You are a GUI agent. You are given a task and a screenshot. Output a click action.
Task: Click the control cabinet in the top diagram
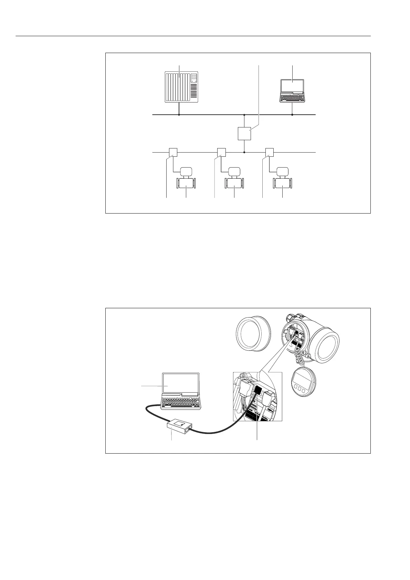[181, 87]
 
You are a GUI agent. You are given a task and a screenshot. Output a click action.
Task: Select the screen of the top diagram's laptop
[292, 86]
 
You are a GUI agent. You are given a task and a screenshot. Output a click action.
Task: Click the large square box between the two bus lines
[244, 133]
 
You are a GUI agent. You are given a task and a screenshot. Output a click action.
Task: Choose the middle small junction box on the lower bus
[221, 152]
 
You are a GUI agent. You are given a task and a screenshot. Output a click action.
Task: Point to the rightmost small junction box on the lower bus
[269, 152]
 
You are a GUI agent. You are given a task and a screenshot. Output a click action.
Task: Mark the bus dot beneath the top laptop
[292, 115]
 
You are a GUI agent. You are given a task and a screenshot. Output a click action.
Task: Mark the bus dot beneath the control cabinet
[179, 115]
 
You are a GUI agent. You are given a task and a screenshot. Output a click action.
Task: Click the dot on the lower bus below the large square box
[244, 152]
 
